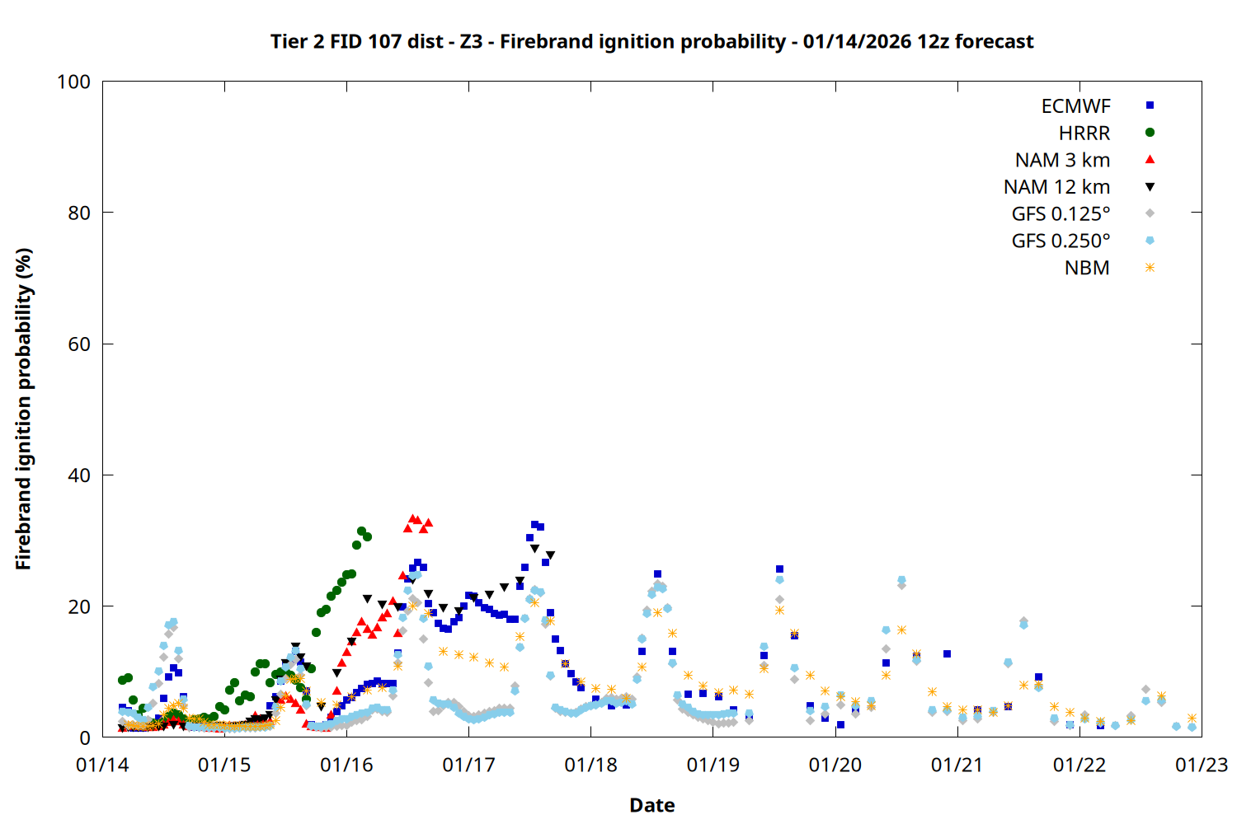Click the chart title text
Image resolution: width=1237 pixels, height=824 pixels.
pos(651,41)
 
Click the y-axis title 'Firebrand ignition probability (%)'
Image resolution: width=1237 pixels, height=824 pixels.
pos(24,409)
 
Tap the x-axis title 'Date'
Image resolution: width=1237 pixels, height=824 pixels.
pos(651,805)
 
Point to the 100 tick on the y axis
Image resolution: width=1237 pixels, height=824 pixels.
pos(73,82)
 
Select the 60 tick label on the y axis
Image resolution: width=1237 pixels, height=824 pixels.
pos(78,344)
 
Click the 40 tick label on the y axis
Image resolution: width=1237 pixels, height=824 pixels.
pos(78,475)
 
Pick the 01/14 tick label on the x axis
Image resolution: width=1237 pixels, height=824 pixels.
pos(102,765)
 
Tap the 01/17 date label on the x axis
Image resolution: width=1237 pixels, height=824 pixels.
pos(468,765)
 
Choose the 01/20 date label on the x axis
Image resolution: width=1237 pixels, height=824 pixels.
pos(835,765)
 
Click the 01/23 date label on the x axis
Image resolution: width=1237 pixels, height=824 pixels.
pos(1201,765)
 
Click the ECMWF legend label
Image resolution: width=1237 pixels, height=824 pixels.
pos(1075,106)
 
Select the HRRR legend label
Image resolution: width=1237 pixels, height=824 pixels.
pos(1084,133)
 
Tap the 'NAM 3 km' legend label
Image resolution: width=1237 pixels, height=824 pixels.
pos(1062,160)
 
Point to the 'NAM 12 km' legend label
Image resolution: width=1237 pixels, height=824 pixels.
pos(1056,187)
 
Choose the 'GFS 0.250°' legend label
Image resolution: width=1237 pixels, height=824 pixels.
pos(1061,241)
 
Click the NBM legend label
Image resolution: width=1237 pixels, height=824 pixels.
pos(1087,268)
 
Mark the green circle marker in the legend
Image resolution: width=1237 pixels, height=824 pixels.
pos(1150,133)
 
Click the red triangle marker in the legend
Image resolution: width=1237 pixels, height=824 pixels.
pos(1150,159)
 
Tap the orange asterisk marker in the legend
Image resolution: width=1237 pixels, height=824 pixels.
pos(1150,268)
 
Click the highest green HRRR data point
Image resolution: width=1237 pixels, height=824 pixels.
pos(361,531)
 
